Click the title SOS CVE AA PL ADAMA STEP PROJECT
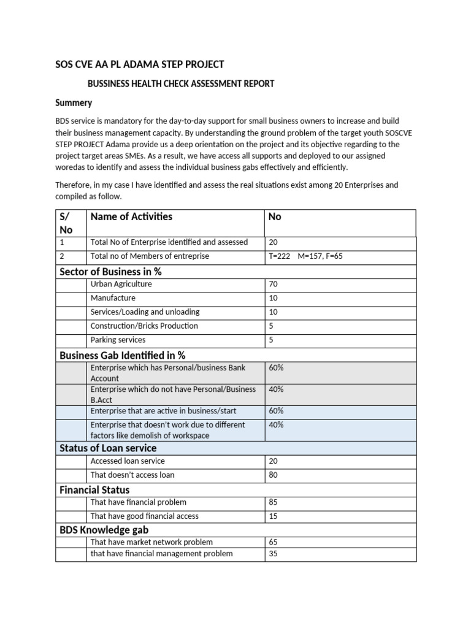(139, 64)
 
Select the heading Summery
(74, 102)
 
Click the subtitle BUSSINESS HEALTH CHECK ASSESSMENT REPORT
(181, 83)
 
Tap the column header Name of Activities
(131, 216)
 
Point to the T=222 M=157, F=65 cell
(305, 256)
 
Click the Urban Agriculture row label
(121, 284)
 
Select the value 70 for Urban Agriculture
(274, 284)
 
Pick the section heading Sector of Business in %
(110, 271)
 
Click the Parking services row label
(118, 340)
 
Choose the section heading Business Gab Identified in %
(122, 355)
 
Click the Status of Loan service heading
(108, 448)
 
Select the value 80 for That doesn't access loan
(274, 475)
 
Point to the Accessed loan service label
(128, 461)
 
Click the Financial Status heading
(94, 489)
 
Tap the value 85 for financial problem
(274, 502)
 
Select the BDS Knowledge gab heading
(104, 529)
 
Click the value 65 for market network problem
(274, 542)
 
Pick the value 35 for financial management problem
(274, 554)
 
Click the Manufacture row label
(113, 298)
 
